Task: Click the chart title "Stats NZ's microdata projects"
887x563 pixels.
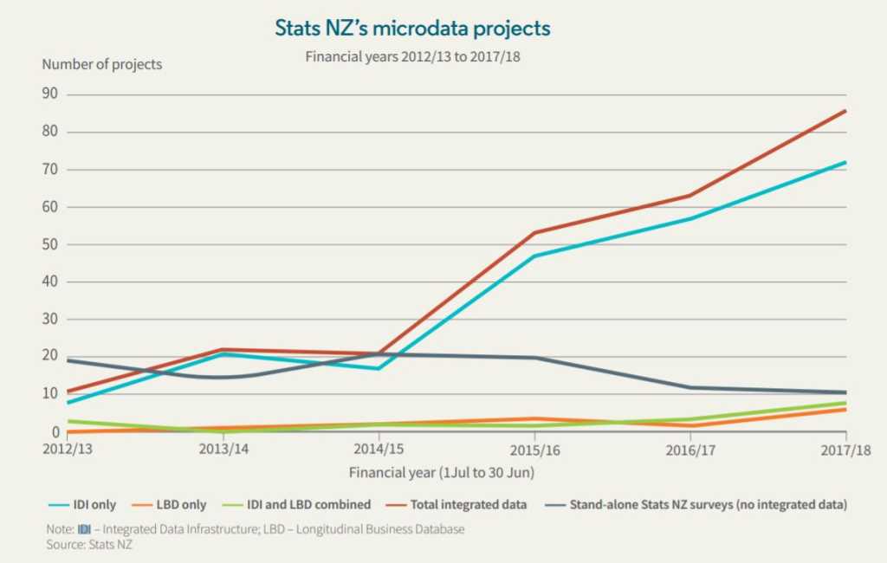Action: tap(412, 29)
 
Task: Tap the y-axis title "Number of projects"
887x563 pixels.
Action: tap(102, 64)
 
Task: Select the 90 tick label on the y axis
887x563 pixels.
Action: tap(51, 94)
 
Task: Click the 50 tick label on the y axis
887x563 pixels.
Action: tap(51, 244)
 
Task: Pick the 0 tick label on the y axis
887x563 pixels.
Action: tap(55, 431)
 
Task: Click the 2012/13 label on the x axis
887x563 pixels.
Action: tap(67, 450)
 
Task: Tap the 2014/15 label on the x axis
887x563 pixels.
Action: tap(379, 450)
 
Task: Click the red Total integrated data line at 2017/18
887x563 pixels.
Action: tap(845, 111)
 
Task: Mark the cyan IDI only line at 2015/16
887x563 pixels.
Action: tap(534, 256)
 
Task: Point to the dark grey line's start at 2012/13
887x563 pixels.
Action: tap(68, 359)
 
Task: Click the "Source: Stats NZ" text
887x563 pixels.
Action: tap(89, 545)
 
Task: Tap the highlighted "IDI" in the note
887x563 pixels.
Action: tap(84, 529)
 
